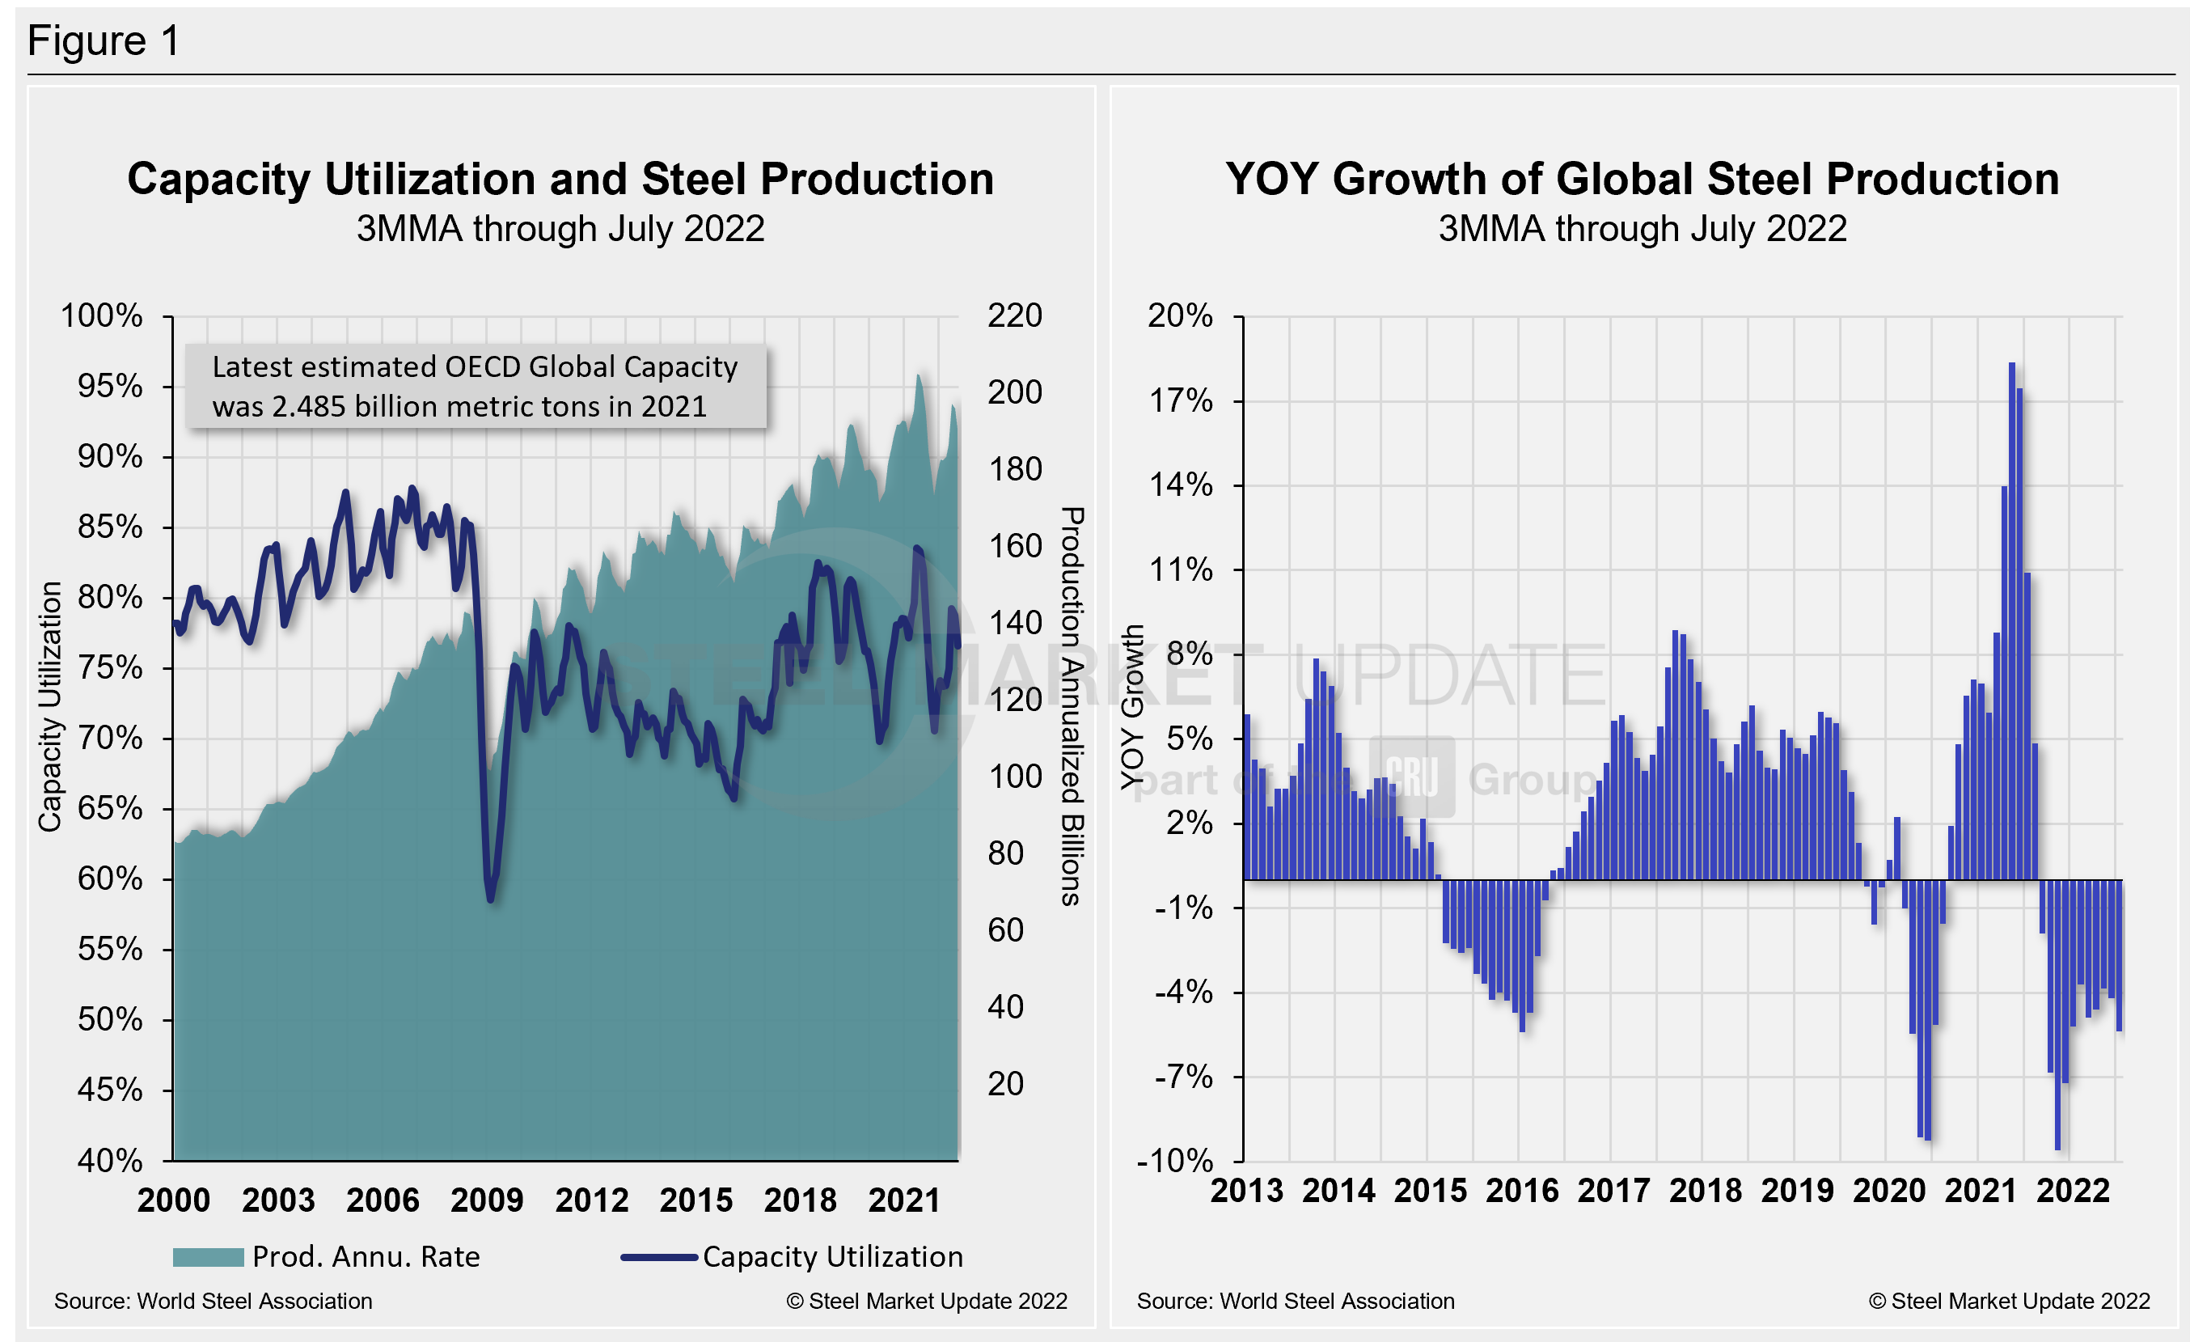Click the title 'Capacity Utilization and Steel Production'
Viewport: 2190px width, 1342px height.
pyautogui.click(x=560, y=179)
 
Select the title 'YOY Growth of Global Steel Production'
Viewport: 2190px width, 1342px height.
pyautogui.click(x=1642, y=179)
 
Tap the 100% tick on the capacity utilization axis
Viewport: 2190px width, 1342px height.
pyautogui.click(x=101, y=315)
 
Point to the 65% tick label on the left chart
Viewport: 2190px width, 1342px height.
pyautogui.click(x=109, y=808)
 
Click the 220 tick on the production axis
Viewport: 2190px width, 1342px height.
pyautogui.click(x=1014, y=315)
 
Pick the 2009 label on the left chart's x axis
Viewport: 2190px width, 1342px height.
pyautogui.click(x=487, y=1200)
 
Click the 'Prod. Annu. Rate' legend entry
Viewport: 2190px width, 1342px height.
pyautogui.click(x=366, y=1257)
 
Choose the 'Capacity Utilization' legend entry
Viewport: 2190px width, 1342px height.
pyautogui.click(x=832, y=1257)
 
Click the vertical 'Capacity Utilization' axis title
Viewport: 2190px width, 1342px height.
pyautogui.click(x=50, y=706)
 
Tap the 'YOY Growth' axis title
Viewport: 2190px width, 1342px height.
pyautogui.click(x=1131, y=706)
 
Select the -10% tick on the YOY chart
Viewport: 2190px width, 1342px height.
pyautogui.click(x=1174, y=1160)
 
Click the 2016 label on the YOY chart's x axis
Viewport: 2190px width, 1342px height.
pyautogui.click(x=1522, y=1191)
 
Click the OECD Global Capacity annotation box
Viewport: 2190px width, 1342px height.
pyautogui.click(x=476, y=387)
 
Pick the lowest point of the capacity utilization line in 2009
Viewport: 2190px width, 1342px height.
pyautogui.click(x=491, y=900)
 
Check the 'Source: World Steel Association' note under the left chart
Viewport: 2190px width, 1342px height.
pyautogui.click(x=214, y=1301)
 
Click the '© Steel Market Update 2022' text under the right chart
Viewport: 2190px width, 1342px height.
pyautogui.click(x=2009, y=1301)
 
